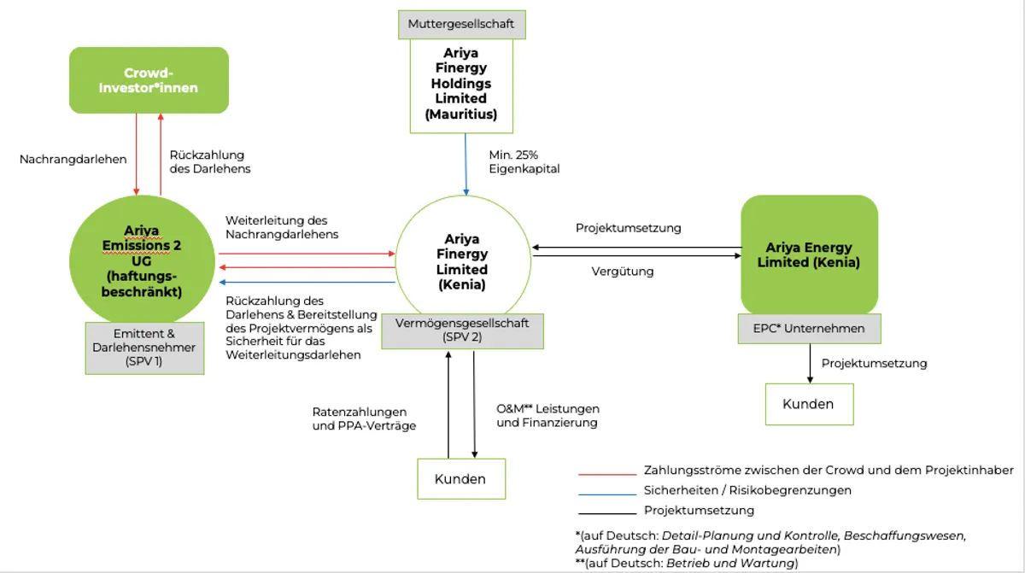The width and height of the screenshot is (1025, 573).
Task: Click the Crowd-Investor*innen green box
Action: coord(149,80)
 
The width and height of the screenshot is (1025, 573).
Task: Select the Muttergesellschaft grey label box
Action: coord(462,25)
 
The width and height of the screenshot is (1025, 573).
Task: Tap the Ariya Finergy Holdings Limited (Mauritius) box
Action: coord(461,86)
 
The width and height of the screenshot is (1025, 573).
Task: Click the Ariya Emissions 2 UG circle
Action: coord(142,260)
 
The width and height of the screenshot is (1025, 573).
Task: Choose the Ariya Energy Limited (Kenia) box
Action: coord(809,254)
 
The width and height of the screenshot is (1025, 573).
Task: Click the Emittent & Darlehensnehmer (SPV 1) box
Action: coord(144,348)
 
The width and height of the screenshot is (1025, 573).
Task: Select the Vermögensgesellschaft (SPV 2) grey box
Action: coord(463,331)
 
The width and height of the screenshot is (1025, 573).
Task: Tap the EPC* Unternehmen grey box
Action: coord(809,328)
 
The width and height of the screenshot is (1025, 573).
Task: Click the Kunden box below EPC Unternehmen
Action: coord(809,404)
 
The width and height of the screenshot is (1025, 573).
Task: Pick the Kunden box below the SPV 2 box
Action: coord(461,479)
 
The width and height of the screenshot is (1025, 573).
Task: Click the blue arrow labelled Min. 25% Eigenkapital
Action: coord(466,165)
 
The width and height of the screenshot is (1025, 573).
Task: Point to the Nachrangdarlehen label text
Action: coord(73,159)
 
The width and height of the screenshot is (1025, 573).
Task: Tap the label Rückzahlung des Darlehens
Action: coord(210,162)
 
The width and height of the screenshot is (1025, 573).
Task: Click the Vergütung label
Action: coord(623,272)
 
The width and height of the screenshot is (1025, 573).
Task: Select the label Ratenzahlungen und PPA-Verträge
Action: coord(364,419)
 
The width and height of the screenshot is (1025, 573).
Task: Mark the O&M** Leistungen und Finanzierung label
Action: coord(548,416)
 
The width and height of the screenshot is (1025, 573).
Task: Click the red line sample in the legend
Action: coord(607,475)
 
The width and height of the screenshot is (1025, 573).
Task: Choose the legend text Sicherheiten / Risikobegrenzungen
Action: coord(747,490)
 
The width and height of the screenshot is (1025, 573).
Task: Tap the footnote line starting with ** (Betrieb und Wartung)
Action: coord(687,563)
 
